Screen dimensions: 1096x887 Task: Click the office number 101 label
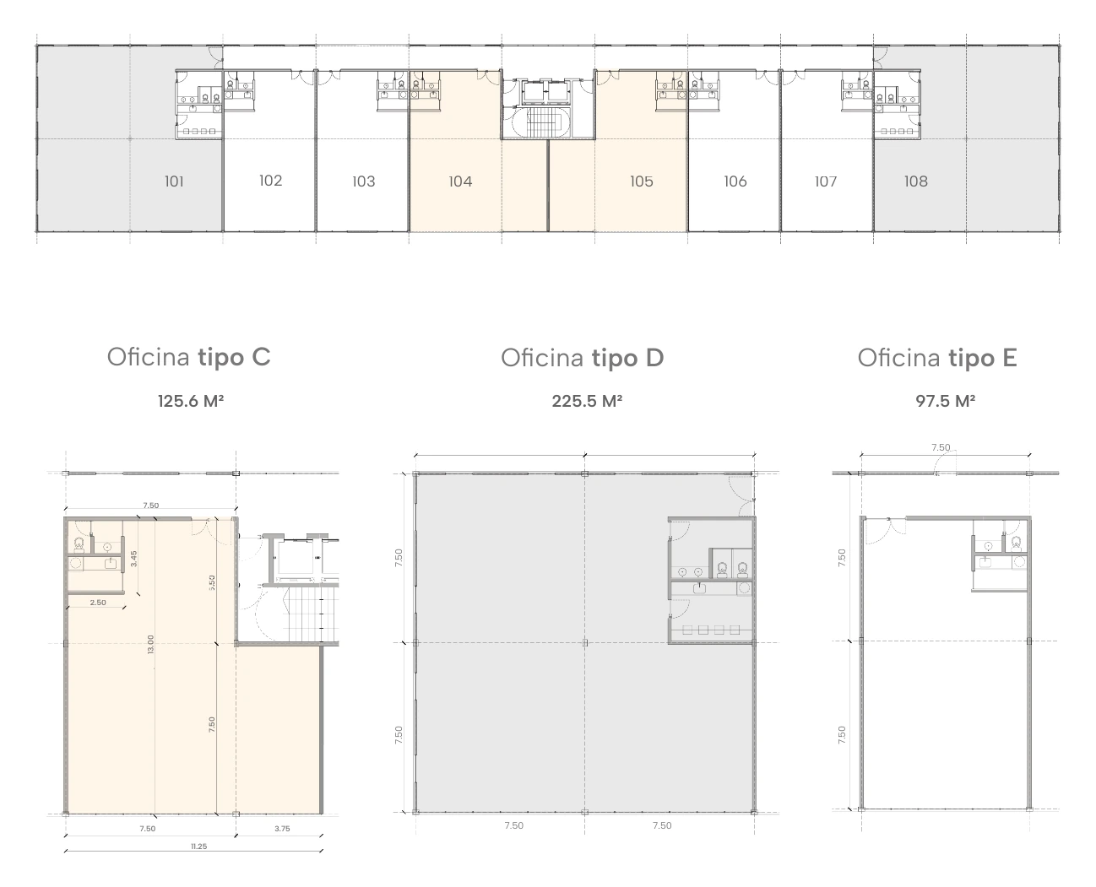174,181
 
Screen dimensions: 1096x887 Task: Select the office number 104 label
460,181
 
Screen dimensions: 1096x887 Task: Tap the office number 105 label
641,181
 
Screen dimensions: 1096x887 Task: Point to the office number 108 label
916,181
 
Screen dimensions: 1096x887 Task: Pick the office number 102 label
271,181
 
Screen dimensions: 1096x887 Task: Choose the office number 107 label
825,181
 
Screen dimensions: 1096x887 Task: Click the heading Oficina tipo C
188,357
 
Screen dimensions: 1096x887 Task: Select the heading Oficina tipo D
582,357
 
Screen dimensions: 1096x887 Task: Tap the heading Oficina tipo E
937,357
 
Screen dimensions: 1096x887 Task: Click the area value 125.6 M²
190,401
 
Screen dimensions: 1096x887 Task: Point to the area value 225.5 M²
587,401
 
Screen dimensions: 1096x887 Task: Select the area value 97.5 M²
945,401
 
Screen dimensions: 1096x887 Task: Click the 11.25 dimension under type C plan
198,846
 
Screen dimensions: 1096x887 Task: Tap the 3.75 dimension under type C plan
282,829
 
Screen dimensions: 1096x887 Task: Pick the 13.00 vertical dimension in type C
151,644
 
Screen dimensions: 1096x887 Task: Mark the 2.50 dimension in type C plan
98,602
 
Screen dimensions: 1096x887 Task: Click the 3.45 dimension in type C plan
133,559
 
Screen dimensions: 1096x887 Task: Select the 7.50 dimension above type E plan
941,446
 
